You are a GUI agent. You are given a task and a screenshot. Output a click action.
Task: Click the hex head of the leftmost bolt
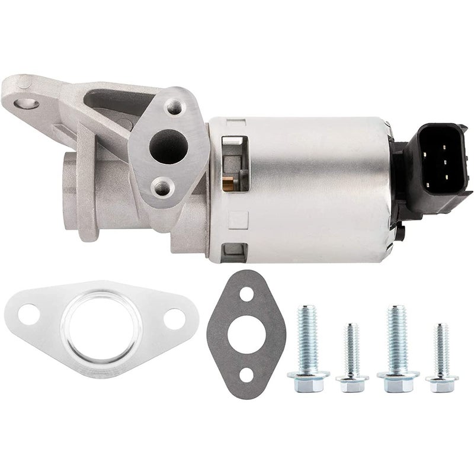(x=308, y=381)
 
